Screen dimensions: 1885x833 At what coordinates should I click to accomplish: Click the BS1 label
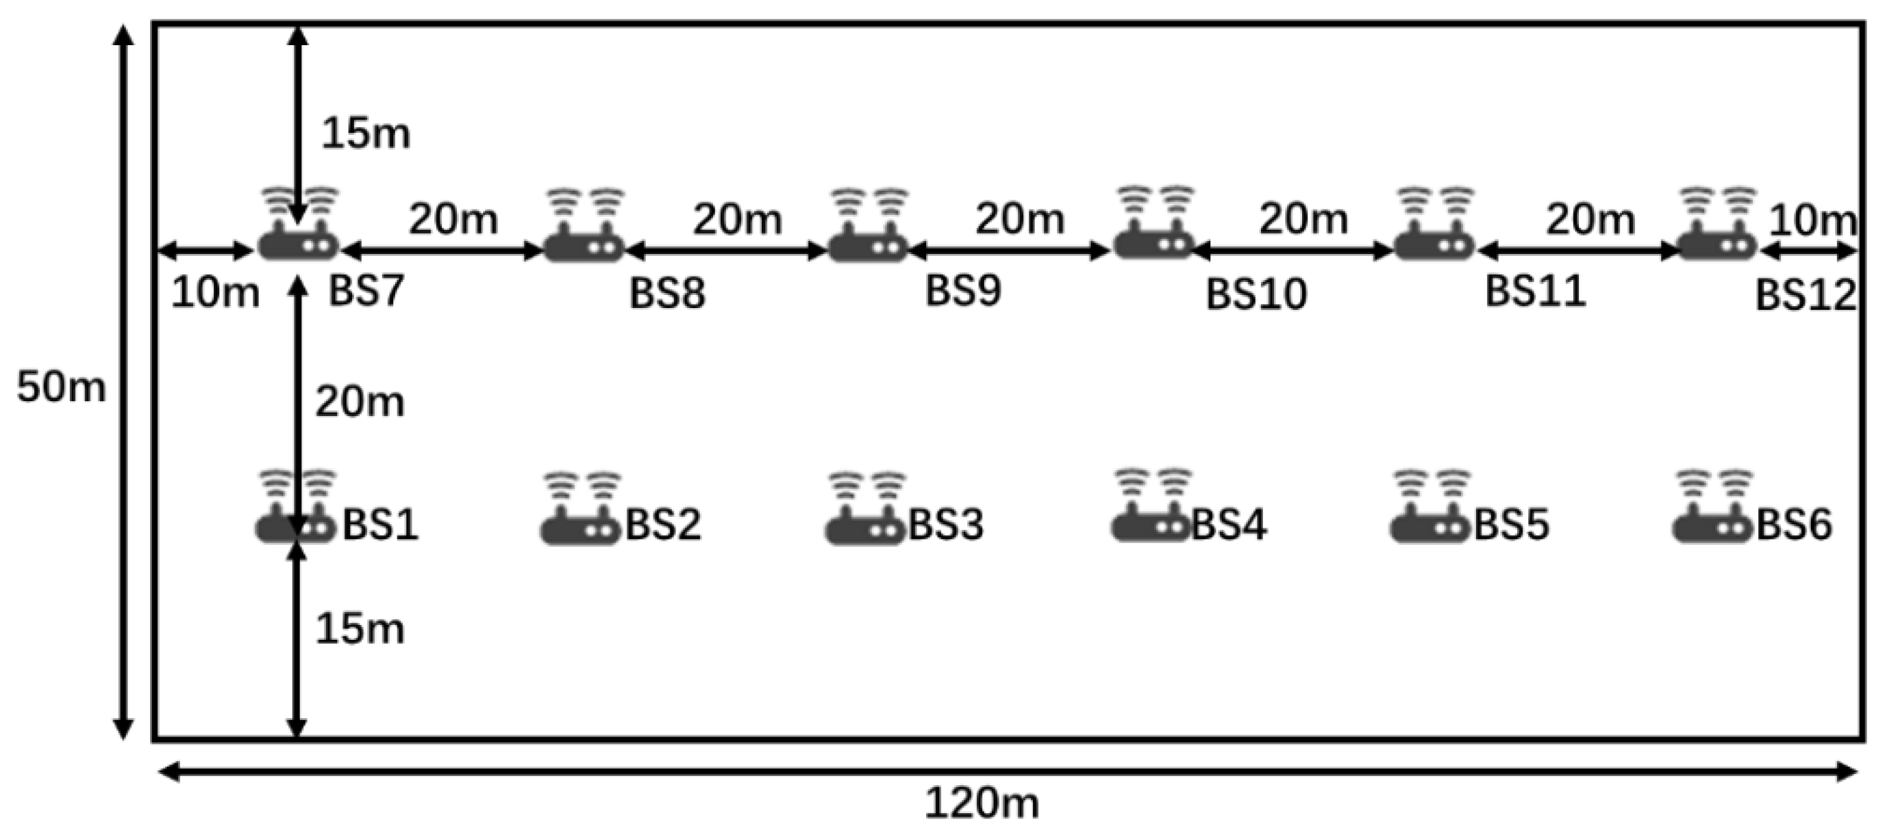pyautogui.click(x=381, y=524)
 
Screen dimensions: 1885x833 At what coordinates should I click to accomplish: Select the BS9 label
pyautogui.click(x=962, y=290)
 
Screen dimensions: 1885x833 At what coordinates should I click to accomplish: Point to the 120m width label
pyautogui.click(x=982, y=804)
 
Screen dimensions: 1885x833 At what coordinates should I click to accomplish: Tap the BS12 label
pyautogui.click(x=1806, y=296)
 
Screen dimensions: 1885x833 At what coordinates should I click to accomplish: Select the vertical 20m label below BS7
pyautogui.click(x=360, y=402)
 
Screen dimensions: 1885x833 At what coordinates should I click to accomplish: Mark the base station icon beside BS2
pyautogui.click(x=581, y=509)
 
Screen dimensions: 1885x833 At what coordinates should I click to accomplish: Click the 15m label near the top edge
pyautogui.click(x=366, y=134)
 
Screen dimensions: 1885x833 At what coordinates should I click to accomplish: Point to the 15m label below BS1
pyautogui.click(x=360, y=629)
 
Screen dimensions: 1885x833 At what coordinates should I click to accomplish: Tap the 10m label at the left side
pyautogui.click(x=214, y=293)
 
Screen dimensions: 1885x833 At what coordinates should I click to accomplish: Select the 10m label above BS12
pyautogui.click(x=1812, y=220)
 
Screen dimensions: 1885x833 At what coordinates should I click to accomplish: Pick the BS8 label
pyautogui.click(x=667, y=293)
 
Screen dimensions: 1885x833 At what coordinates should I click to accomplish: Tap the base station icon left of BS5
pyautogui.click(x=1431, y=508)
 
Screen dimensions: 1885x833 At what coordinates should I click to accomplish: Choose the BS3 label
pyautogui.click(x=945, y=524)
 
